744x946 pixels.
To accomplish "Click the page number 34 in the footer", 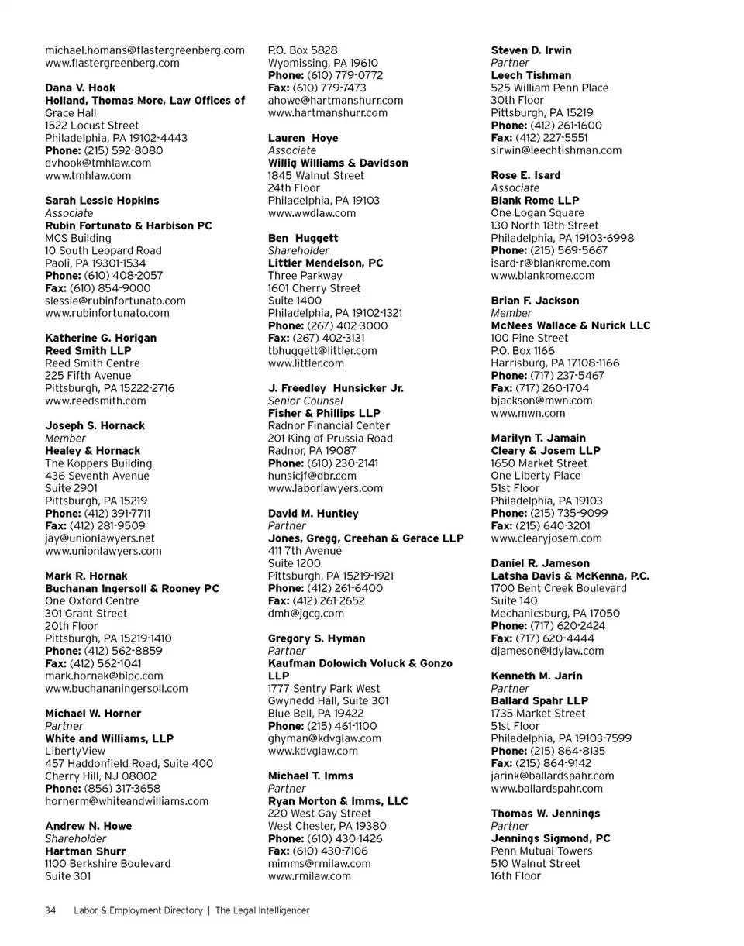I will (x=50, y=910).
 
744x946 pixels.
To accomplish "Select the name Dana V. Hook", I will (x=81, y=88).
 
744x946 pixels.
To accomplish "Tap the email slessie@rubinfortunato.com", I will (x=115, y=301).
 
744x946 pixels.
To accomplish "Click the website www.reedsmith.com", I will (x=95, y=401).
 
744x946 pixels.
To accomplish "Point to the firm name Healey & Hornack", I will (x=93, y=450).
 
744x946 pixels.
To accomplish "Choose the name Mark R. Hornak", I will (x=87, y=576).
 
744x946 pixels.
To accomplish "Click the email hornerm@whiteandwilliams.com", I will (x=127, y=801).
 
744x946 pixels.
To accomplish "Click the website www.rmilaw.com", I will (x=309, y=876).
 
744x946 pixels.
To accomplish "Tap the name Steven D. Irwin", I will (x=532, y=50).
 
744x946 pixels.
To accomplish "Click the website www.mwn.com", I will (x=528, y=413).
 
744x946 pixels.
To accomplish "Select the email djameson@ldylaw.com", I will (x=547, y=651).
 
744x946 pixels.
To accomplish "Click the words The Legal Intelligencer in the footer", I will (x=263, y=910).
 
